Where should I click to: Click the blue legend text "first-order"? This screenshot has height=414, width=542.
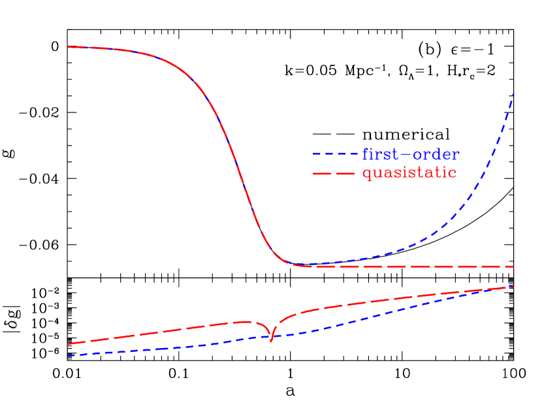pyautogui.click(x=411, y=155)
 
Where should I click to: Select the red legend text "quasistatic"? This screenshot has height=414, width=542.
pyautogui.click(x=409, y=173)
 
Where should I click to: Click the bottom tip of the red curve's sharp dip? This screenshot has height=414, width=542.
pyautogui.click(x=271, y=340)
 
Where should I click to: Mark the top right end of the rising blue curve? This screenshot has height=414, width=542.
pyautogui.click(x=513, y=95)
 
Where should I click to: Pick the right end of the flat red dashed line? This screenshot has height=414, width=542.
pyautogui.click(x=513, y=266)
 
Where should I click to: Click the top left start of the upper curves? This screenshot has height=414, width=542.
pyautogui.click(x=68, y=47)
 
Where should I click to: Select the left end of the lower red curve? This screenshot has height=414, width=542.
pyautogui.click(x=68, y=343)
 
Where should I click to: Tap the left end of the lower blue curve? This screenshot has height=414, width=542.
pyautogui.click(x=68, y=355)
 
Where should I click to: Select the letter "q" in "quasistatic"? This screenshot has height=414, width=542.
pyautogui.click(x=368, y=175)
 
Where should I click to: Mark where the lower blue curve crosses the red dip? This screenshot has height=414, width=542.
pyautogui.click(x=271, y=336)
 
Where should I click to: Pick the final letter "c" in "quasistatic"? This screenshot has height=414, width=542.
pyautogui.click(x=452, y=174)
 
